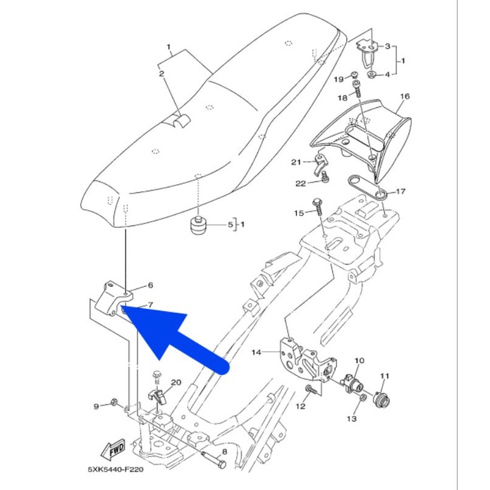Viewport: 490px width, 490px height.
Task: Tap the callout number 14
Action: (257, 351)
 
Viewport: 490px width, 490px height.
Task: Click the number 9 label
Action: (97, 405)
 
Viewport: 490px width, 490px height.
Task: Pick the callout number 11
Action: (385, 376)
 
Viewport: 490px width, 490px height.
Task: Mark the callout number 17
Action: (401, 191)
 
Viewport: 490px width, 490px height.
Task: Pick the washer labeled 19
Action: (355, 74)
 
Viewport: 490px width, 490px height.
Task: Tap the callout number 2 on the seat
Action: (161, 73)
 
